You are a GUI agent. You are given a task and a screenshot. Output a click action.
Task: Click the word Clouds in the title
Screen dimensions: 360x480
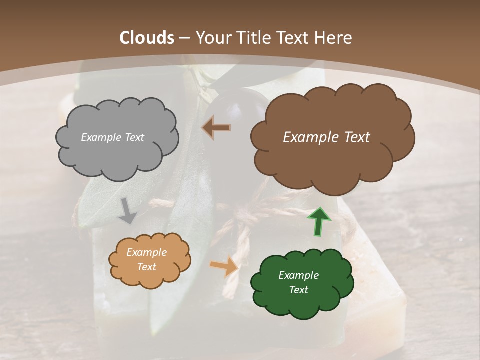(x=147, y=38)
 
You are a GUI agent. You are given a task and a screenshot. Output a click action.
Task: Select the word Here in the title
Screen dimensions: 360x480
(x=334, y=38)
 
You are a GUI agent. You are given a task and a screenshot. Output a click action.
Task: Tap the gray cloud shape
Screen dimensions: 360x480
(x=117, y=155)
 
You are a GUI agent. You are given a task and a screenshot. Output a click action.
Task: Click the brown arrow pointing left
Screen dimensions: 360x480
(x=216, y=128)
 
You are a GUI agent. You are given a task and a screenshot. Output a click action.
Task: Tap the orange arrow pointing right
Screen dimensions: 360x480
(x=224, y=266)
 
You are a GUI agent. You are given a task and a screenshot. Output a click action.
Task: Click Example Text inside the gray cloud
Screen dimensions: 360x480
(x=112, y=137)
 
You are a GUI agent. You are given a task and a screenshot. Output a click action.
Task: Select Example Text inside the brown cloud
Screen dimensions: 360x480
(x=326, y=137)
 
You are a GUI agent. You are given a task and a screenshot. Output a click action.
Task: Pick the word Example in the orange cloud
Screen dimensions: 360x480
(x=146, y=252)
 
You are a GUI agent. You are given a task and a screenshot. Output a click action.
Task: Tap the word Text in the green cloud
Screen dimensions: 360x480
(x=298, y=290)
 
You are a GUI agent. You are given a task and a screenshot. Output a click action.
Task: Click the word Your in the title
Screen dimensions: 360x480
(x=211, y=38)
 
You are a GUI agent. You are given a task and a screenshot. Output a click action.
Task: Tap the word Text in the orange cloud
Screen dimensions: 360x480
(x=146, y=267)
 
